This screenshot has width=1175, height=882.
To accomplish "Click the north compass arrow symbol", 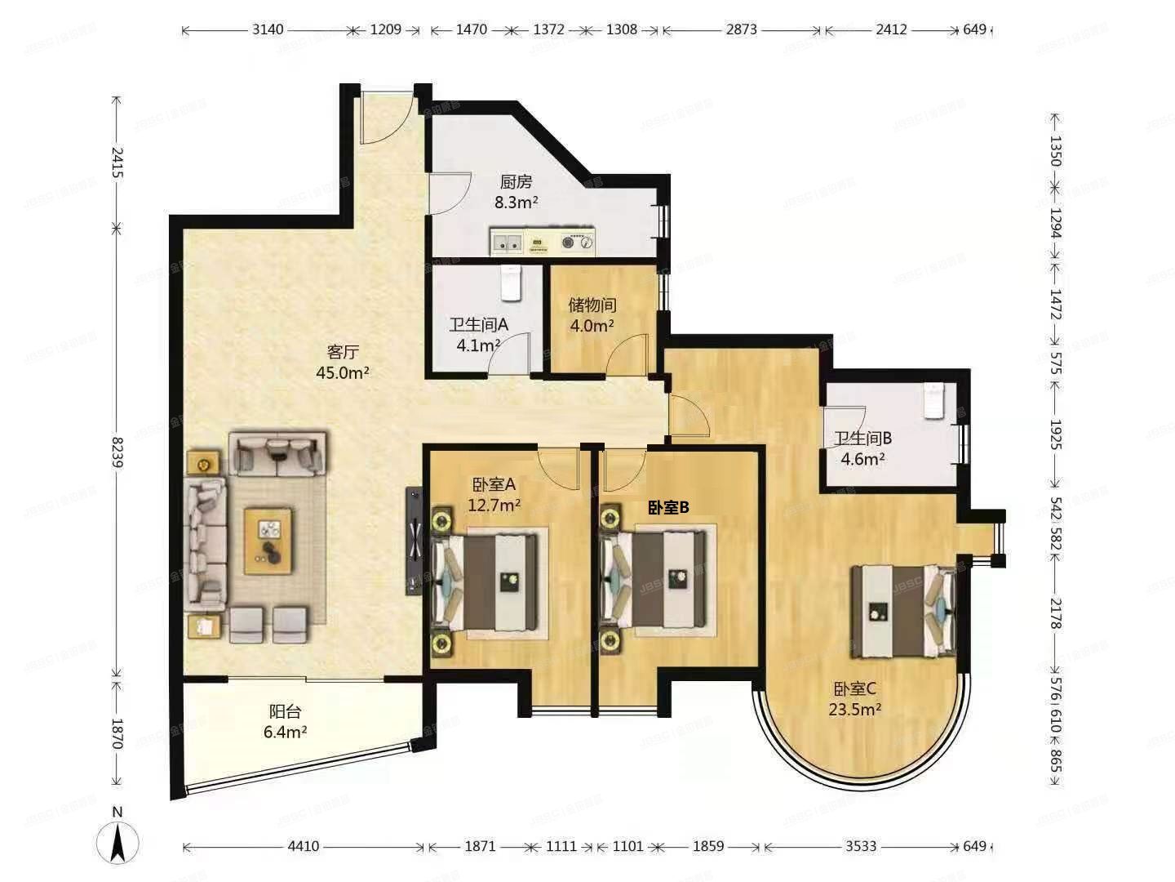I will click(117, 841).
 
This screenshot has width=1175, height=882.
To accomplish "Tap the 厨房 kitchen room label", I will click(516, 182).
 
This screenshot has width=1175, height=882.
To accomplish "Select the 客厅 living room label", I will click(343, 352).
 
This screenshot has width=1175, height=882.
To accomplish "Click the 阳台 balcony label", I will click(285, 711).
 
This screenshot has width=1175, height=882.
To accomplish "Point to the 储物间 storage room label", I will click(592, 305).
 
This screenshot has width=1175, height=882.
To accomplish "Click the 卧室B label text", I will click(668, 508).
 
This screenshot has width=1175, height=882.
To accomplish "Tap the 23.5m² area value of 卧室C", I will click(854, 709).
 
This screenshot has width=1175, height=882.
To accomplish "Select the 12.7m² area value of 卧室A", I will click(494, 505).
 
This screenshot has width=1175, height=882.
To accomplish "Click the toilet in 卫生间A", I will click(510, 283).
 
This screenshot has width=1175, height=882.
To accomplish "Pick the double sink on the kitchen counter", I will click(508, 242).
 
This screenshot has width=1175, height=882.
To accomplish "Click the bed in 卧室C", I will click(902, 611).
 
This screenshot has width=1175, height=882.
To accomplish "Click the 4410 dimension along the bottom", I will click(303, 846).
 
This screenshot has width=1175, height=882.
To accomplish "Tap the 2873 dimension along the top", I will click(741, 30).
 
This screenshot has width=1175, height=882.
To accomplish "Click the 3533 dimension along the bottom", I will click(860, 846).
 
